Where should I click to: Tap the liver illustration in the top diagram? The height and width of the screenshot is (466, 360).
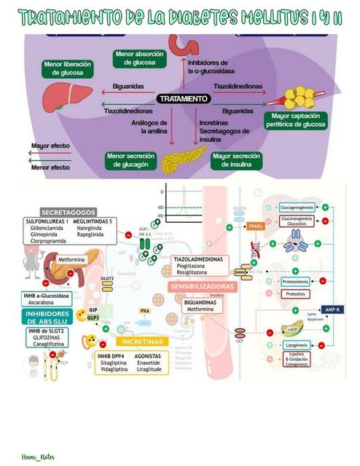click(58, 96)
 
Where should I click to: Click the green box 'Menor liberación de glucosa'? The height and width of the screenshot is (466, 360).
click(68, 69)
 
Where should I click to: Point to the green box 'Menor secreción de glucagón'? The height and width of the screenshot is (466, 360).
click(128, 160)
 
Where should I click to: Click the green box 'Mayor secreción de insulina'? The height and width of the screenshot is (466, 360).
click(235, 160)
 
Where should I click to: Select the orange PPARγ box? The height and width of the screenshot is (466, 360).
click(254, 226)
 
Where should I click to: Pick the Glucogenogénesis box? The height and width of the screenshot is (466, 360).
click(297, 208)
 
